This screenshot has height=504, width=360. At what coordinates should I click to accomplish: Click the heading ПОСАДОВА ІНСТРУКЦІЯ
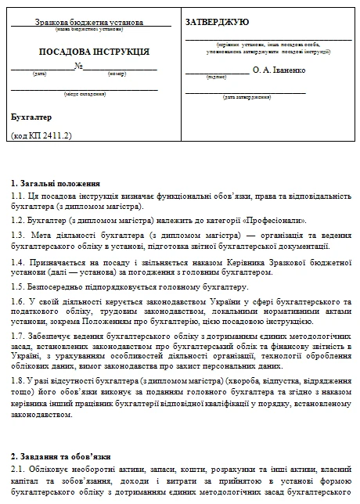point(88,51)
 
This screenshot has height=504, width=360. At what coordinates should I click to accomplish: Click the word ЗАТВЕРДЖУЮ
point(218,23)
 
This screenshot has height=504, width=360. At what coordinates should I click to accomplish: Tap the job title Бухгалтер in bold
point(32,117)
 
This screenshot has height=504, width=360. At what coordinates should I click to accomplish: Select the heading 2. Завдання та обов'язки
point(62,455)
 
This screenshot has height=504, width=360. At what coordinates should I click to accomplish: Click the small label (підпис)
point(217,78)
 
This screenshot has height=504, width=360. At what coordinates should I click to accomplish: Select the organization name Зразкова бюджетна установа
point(92,23)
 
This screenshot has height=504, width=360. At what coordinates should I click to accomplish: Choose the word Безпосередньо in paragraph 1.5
point(55,287)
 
